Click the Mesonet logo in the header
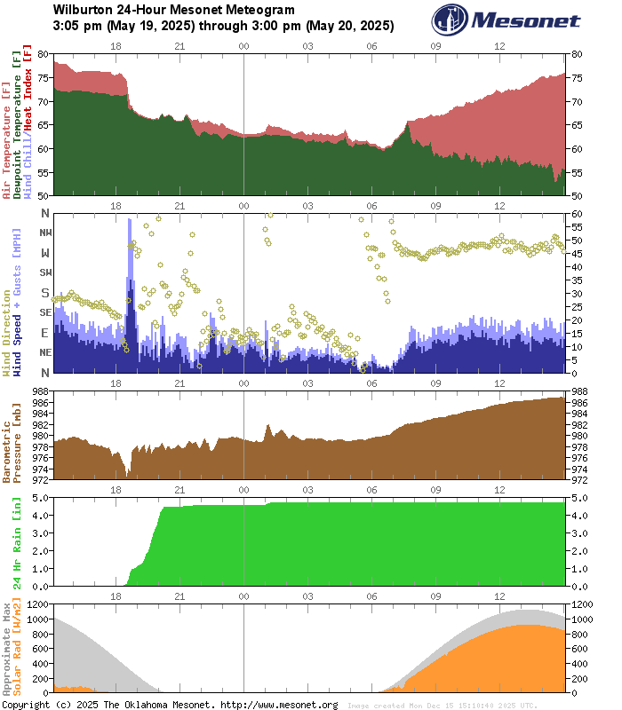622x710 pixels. (506, 20)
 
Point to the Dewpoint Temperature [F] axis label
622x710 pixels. (18, 124)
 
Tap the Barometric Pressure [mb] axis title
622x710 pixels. (12, 435)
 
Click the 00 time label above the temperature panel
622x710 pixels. (243, 45)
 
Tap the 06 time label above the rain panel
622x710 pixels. (371, 490)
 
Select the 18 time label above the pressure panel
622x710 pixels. (116, 383)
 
